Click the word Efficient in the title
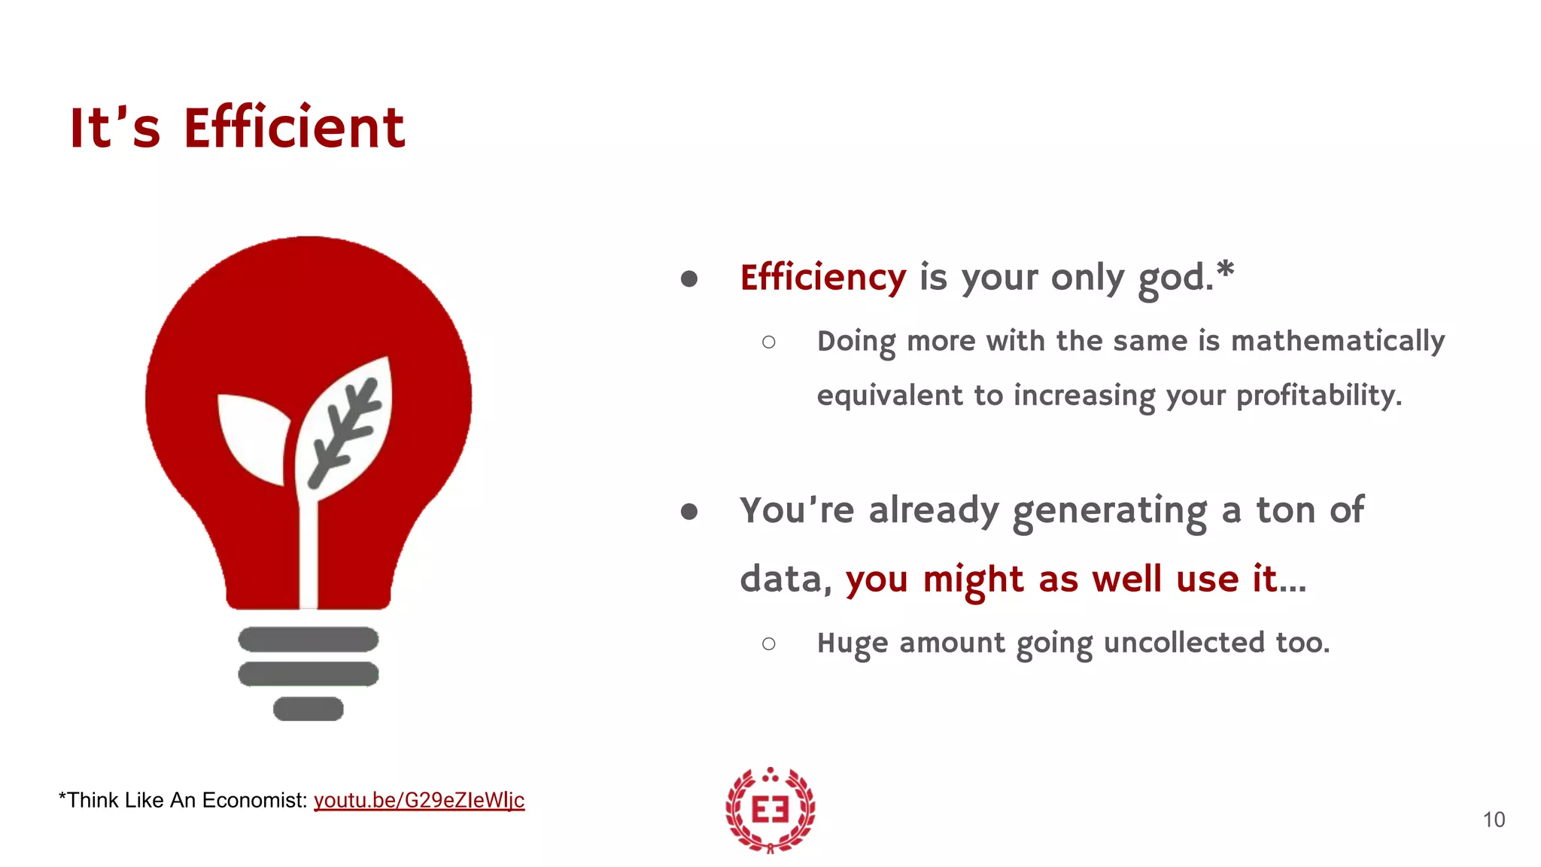coord(294,128)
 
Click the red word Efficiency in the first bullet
coord(822,278)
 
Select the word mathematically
coord(1337,342)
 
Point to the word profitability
coord(1318,396)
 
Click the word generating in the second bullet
coord(1109,512)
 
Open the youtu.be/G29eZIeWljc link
coord(418,800)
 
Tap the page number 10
coord(1494,820)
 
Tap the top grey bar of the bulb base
coord(308,640)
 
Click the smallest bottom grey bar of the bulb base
coord(308,709)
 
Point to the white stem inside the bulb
coord(309,557)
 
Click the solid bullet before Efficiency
coord(688,279)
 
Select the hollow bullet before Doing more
coord(768,342)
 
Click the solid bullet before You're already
coord(688,513)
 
